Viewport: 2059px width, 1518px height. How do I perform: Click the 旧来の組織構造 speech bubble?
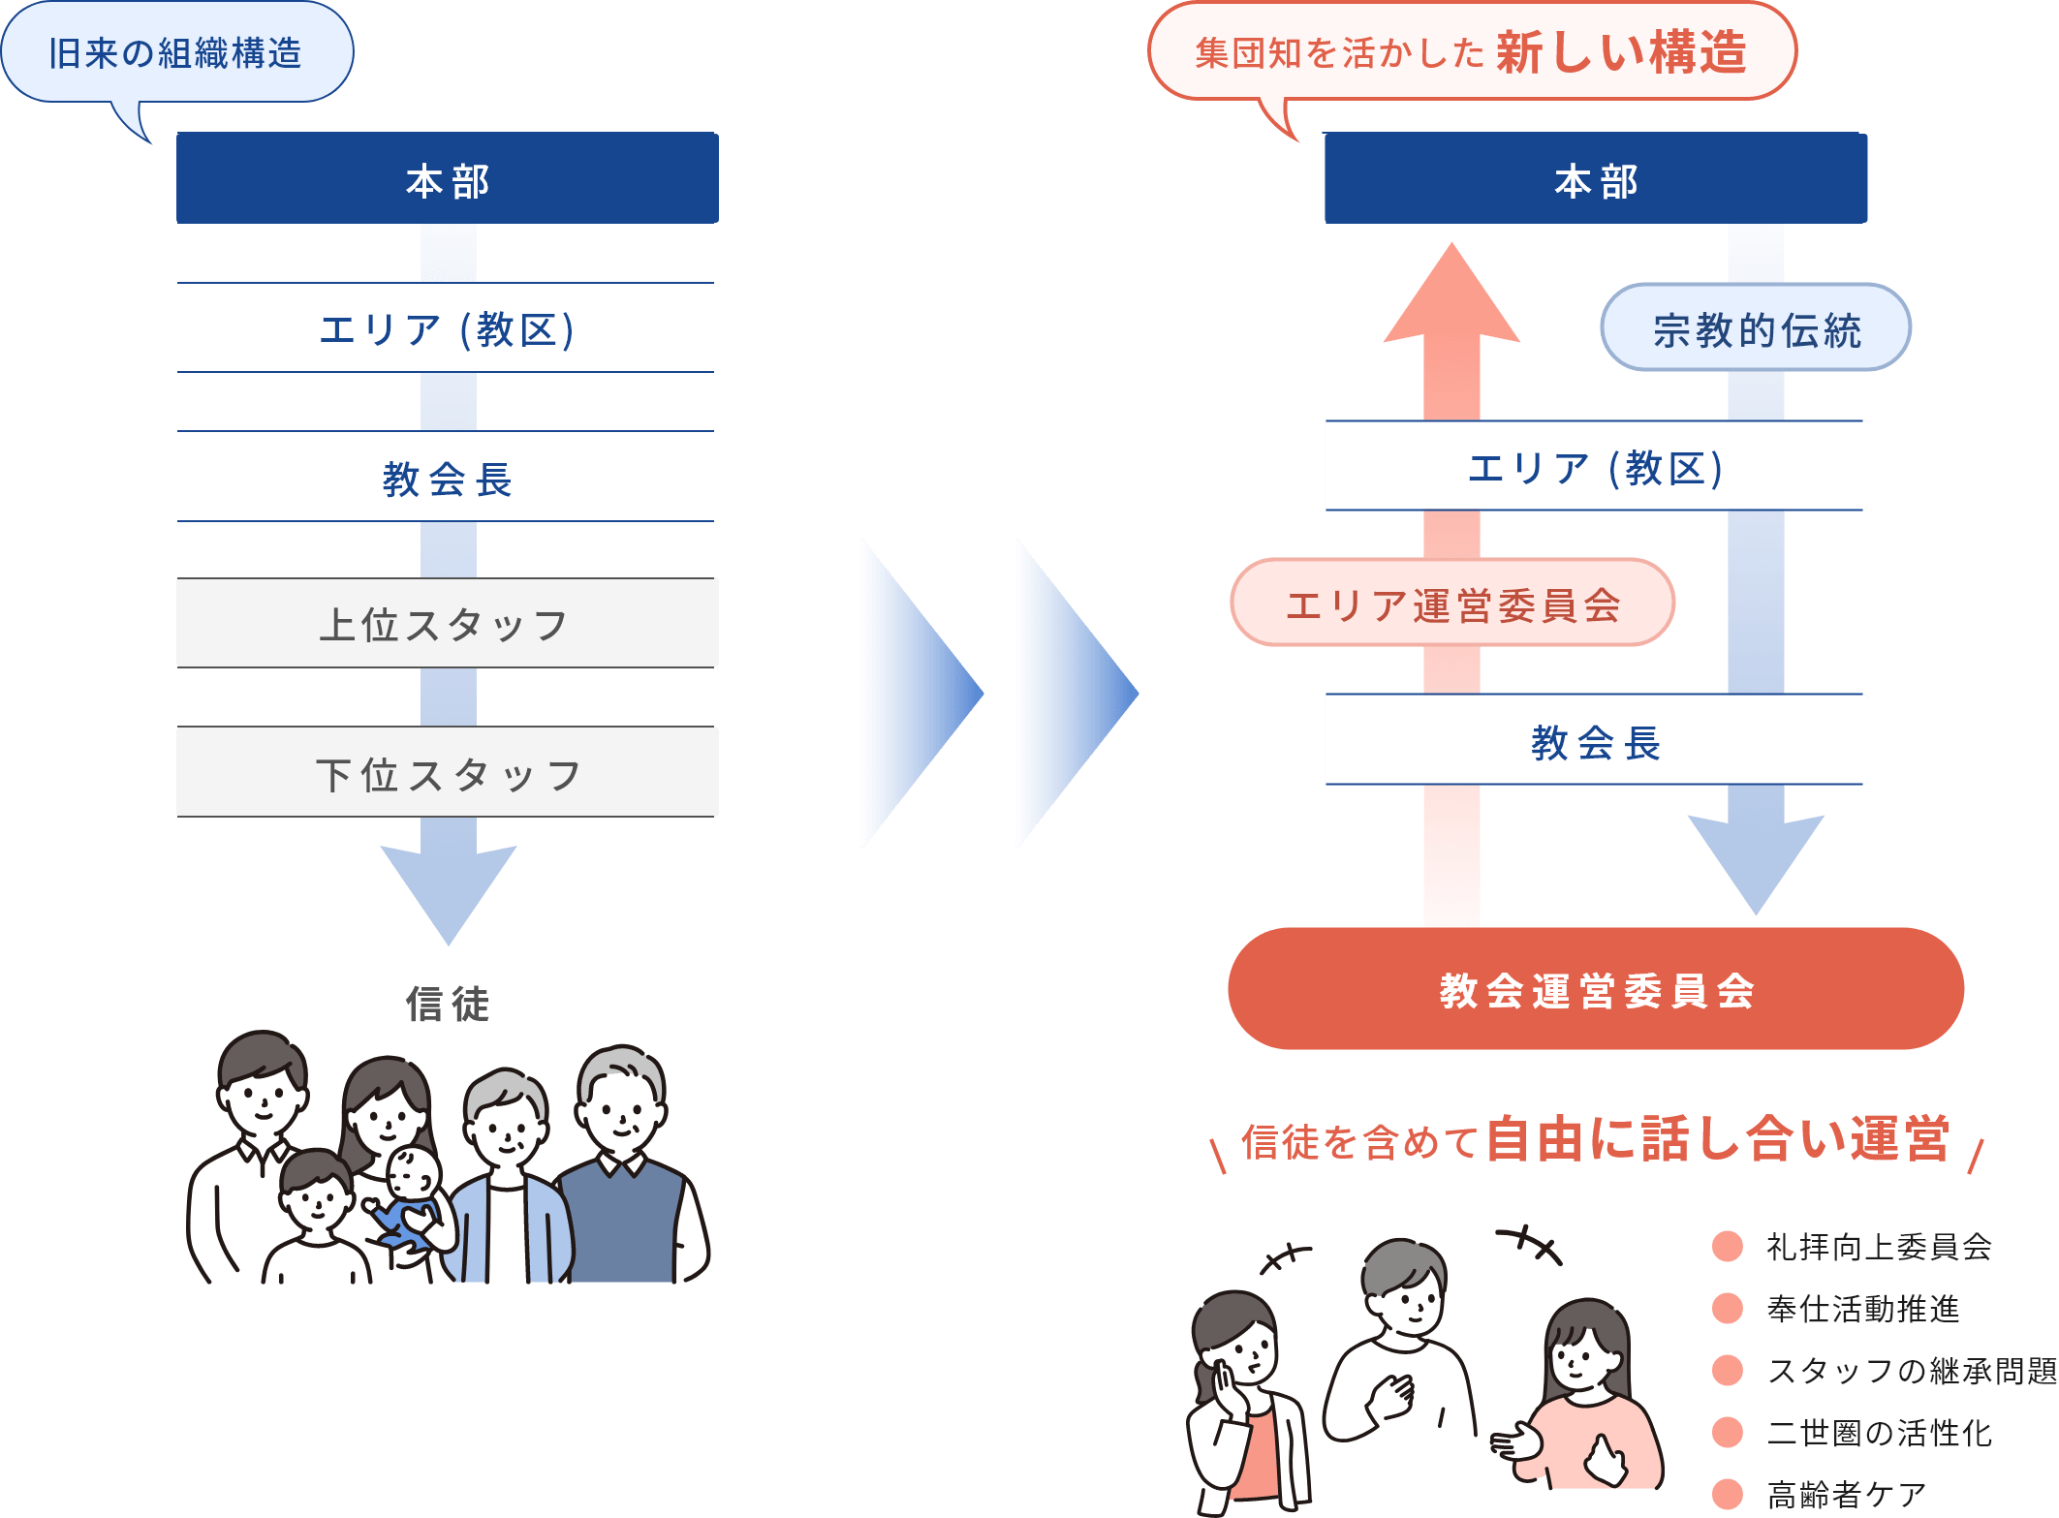click(x=176, y=53)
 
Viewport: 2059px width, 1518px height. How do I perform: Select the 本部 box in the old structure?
click(x=447, y=180)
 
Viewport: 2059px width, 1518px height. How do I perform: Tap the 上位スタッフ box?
click(x=447, y=623)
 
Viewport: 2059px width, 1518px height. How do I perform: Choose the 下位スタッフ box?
click(x=447, y=773)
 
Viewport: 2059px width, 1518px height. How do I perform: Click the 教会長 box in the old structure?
click(x=447, y=478)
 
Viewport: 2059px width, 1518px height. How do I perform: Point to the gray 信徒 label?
click(x=447, y=1004)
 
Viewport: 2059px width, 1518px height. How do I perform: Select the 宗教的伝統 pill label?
click(x=1755, y=328)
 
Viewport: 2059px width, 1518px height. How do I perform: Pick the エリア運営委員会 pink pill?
click(x=1451, y=603)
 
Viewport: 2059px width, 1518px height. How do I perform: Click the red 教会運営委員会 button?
click(x=1595, y=989)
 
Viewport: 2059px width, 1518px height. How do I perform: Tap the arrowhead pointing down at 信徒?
click(x=448, y=891)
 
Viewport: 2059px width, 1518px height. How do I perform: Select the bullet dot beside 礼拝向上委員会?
click(x=1728, y=1247)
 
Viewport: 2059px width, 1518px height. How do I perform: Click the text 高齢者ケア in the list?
click(x=1846, y=1495)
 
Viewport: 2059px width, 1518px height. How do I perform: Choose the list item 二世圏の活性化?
click(x=1879, y=1433)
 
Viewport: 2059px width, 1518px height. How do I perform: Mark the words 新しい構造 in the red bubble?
click(x=1621, y=52)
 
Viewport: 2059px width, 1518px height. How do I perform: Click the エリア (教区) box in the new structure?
click(x=1595, y=467)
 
